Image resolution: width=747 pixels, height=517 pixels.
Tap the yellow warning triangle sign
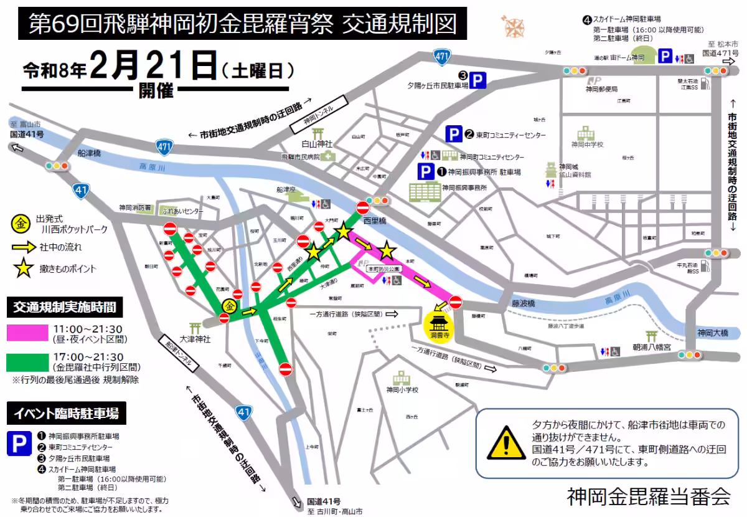(x=506, y=443)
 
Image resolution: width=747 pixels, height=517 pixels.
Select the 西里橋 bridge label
(x=375, y=221)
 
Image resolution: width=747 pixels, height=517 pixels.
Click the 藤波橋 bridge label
(x=524, y=303)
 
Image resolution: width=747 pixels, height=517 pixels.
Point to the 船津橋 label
(x=90, y=153)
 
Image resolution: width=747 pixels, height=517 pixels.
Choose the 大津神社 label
(x=195, y=339)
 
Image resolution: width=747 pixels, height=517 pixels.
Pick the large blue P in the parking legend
(x=19, y=443)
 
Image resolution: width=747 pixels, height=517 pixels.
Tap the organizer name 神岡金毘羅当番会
(x=649, y=496)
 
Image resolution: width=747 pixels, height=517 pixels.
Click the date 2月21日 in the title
(x=153, y=65)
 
